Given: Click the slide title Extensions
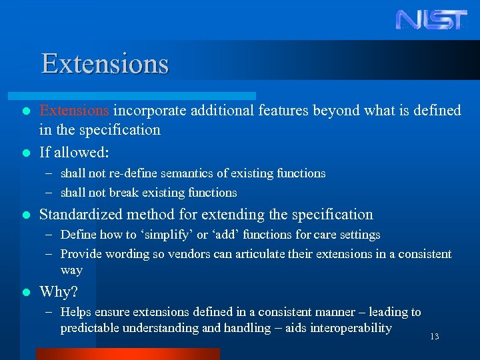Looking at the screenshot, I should coord(105,64).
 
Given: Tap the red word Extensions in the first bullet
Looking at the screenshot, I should coord(74,110).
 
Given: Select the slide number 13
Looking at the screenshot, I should coord(434,337).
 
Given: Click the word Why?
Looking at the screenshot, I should coord(59,292).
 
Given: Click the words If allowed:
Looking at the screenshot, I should coord(74,153).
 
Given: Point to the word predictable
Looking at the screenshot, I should coord(87,328).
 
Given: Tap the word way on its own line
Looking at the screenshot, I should coord(71,270).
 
